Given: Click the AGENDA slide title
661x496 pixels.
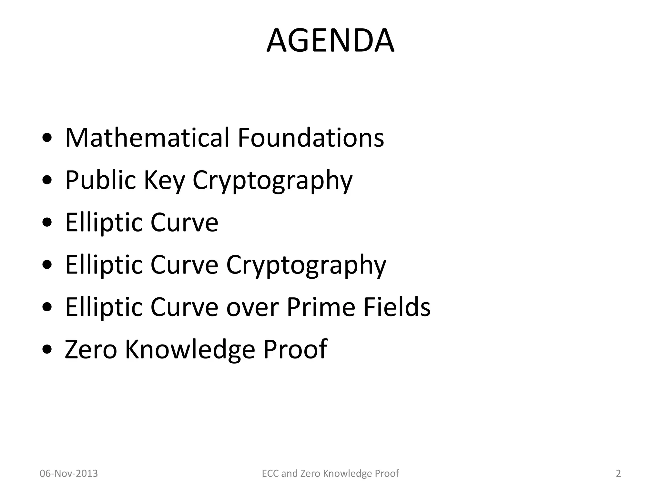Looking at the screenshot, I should click(330, 41).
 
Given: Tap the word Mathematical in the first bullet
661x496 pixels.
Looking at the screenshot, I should click(147, 138).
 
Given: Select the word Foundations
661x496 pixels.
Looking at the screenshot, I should click(311, 138).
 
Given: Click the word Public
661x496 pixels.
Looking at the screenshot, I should click(100, 180).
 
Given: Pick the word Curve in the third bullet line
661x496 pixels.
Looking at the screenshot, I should click(184, 222).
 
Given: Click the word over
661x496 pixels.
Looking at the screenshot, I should click(252, 307).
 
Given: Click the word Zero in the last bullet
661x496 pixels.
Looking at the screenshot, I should click(91, 349).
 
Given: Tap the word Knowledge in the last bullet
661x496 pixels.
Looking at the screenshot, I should click(190, 350).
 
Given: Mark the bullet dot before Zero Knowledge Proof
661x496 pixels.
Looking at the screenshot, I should click(47, 350).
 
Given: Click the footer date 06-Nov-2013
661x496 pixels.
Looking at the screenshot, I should click(68, 474).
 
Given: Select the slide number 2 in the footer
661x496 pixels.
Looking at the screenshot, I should click(618, 474).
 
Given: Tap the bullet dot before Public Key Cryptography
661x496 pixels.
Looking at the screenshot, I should click(47, 181).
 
